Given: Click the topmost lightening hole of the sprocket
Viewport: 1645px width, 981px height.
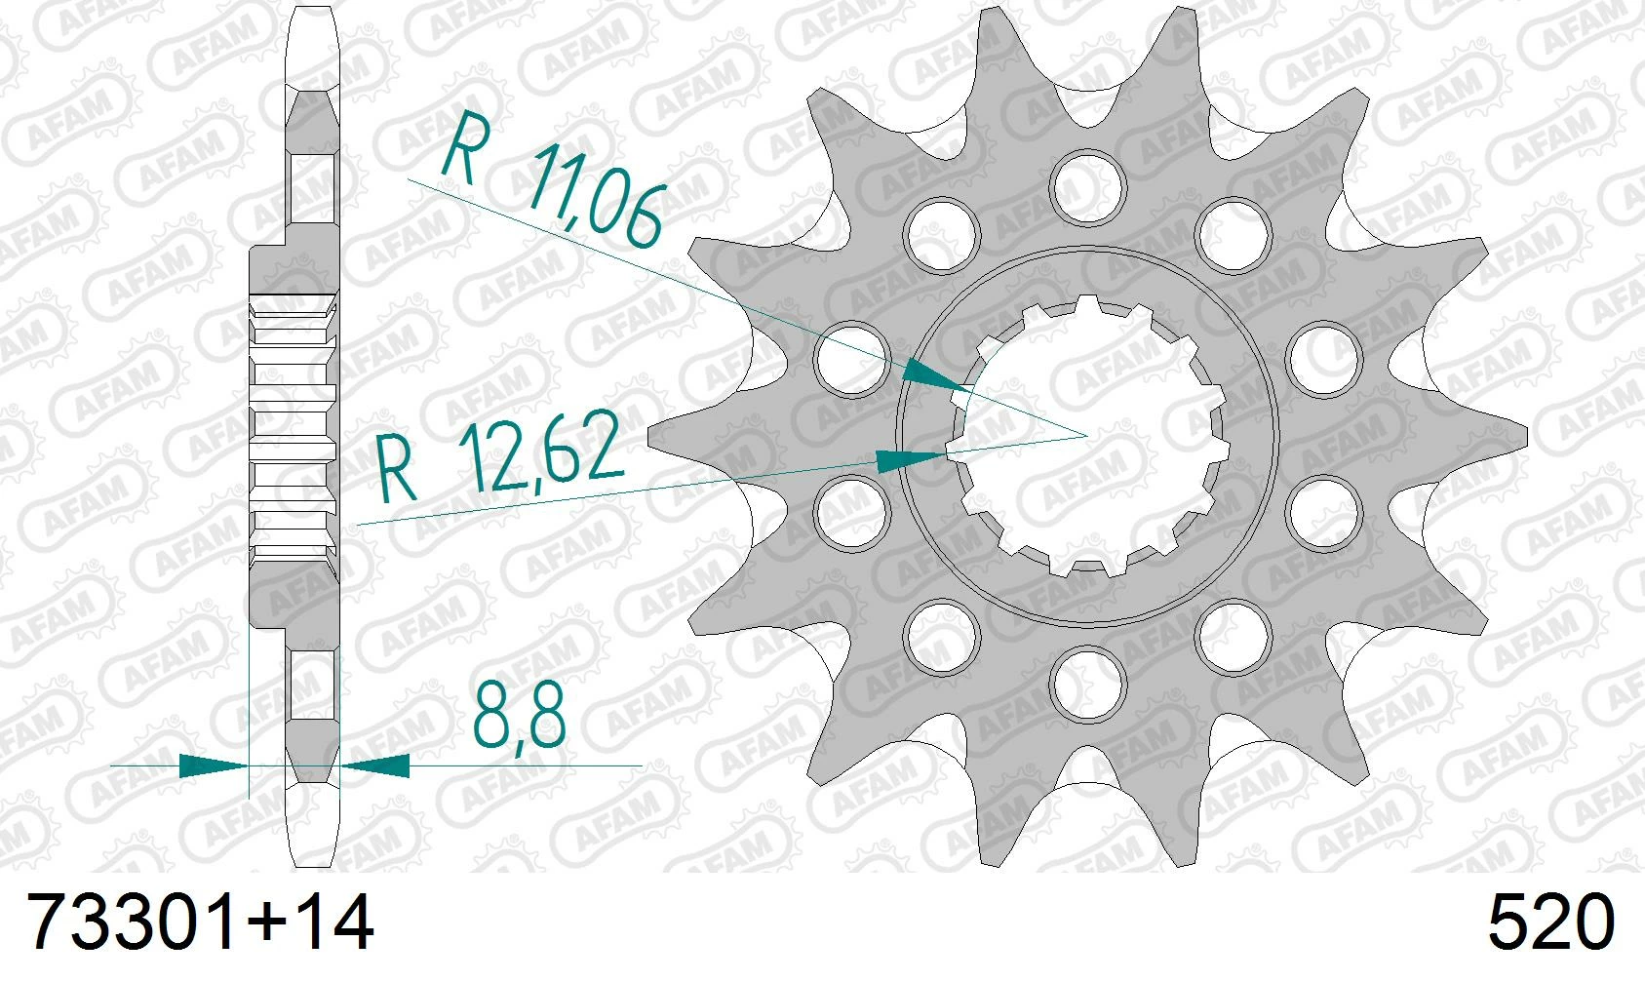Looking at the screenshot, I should click(x=1088, y=187).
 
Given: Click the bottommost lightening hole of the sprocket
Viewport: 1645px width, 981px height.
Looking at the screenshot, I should click(x=1088, y=681).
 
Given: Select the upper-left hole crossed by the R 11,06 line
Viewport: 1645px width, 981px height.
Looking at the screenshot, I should click(x=852, y=357).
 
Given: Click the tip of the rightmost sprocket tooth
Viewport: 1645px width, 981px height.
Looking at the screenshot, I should click(x=1524, y=434).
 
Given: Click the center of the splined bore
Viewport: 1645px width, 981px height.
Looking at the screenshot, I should click(x=1088, y=434).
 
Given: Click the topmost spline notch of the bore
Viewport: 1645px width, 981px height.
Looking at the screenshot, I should click(x=1088, y=304).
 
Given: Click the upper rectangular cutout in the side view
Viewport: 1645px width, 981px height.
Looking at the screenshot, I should click(x=314, y=187).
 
